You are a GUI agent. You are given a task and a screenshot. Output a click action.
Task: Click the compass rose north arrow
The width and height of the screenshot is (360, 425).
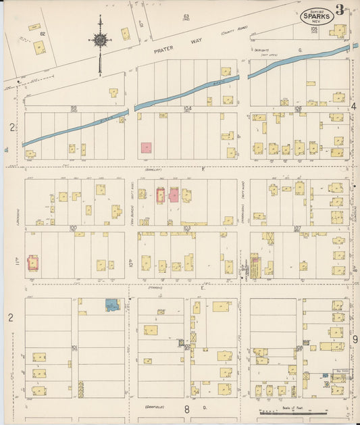pos(100,40)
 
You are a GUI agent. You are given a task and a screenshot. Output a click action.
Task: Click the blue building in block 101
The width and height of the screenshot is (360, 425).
pos(112,305)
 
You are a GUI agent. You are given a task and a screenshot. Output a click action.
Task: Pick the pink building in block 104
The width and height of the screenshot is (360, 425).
pos(146,147)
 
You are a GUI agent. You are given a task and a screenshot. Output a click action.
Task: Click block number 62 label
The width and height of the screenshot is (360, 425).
pos(43,33)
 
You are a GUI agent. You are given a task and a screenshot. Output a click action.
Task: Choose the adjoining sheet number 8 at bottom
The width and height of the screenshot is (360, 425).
pos(186,409)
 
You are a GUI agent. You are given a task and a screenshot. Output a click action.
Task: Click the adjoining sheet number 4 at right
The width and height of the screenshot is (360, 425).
pos(353,107)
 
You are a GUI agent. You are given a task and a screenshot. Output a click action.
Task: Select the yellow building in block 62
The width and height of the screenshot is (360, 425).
pos(39,47)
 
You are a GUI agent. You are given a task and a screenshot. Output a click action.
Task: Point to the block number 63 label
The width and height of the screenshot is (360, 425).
pos(186,16)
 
